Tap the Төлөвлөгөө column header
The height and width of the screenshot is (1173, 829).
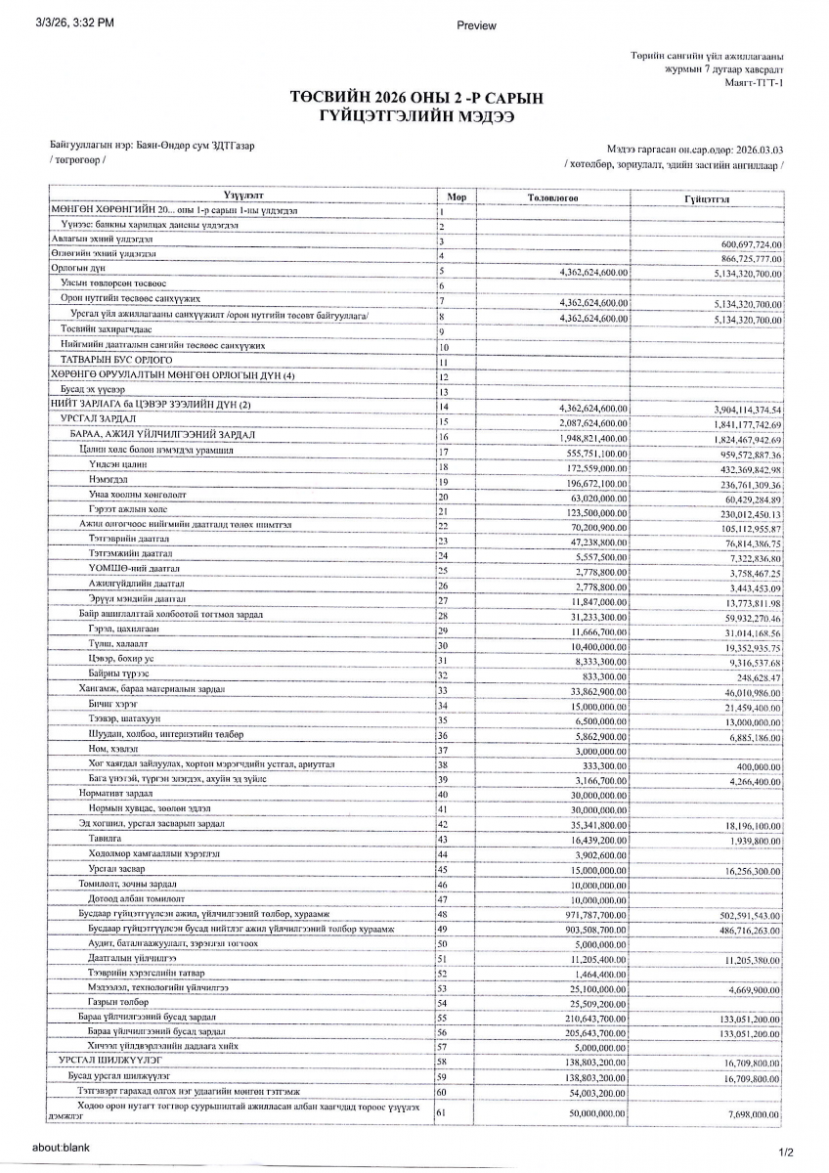(553, 196)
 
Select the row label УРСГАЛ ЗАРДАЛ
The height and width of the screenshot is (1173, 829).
(89, 418)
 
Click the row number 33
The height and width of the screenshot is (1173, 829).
(443, 690)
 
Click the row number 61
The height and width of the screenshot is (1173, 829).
(443, 1113)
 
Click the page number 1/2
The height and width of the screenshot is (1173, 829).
(786, 1151)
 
